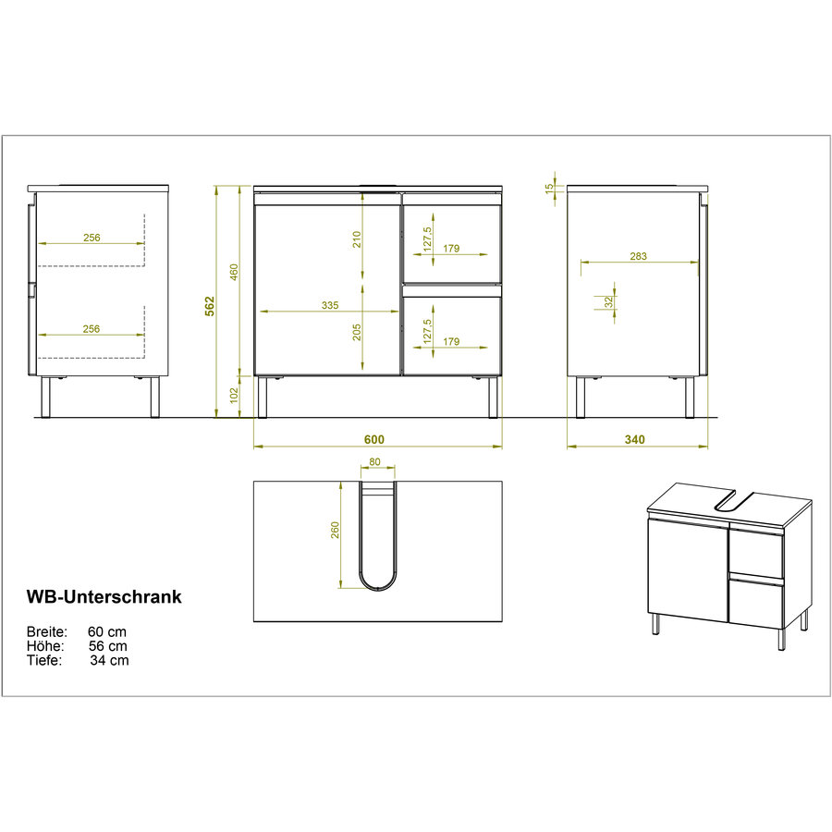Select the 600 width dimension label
click(373, 439)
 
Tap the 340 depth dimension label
click(634, 439)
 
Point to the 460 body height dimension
click(234, 271)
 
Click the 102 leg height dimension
click(234, 396)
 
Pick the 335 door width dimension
click(330, 305)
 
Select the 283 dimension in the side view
click(637, 256)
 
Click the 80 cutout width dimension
click(375, 464)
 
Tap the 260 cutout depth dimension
click(336, 530)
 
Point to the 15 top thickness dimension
click(549, 188)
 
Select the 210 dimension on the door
click(357, 239)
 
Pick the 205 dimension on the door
click(357, 330)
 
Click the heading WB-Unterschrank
click(104, 596)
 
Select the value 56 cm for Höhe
click(108, 646)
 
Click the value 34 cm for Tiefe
click(109, 660)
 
